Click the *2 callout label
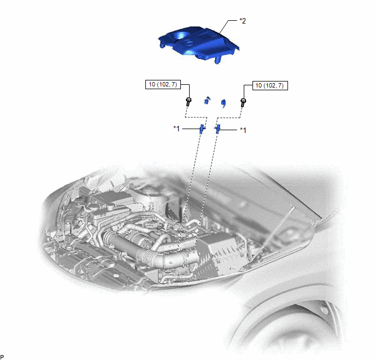coord(243,21)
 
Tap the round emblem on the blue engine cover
coord(188,43)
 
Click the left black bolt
coord(188,102)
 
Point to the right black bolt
coord(243,102)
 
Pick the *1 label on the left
coord(177,129)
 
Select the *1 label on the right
coord(243,130)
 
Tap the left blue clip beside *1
coord(202,129)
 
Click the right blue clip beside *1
coord(218,129)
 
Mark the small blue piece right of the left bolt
coord(207,100)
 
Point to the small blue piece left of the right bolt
coord(224,103)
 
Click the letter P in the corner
coord(2,357)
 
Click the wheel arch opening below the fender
coord(290,331)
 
